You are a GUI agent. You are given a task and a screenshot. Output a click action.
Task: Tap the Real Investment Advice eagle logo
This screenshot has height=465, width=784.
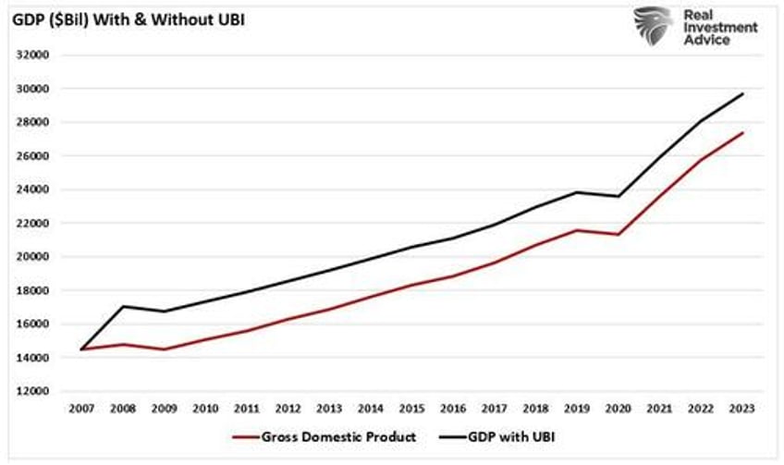click(654, 26)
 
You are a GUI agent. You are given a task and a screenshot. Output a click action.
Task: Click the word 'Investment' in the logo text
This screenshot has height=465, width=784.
click(721, 28)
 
